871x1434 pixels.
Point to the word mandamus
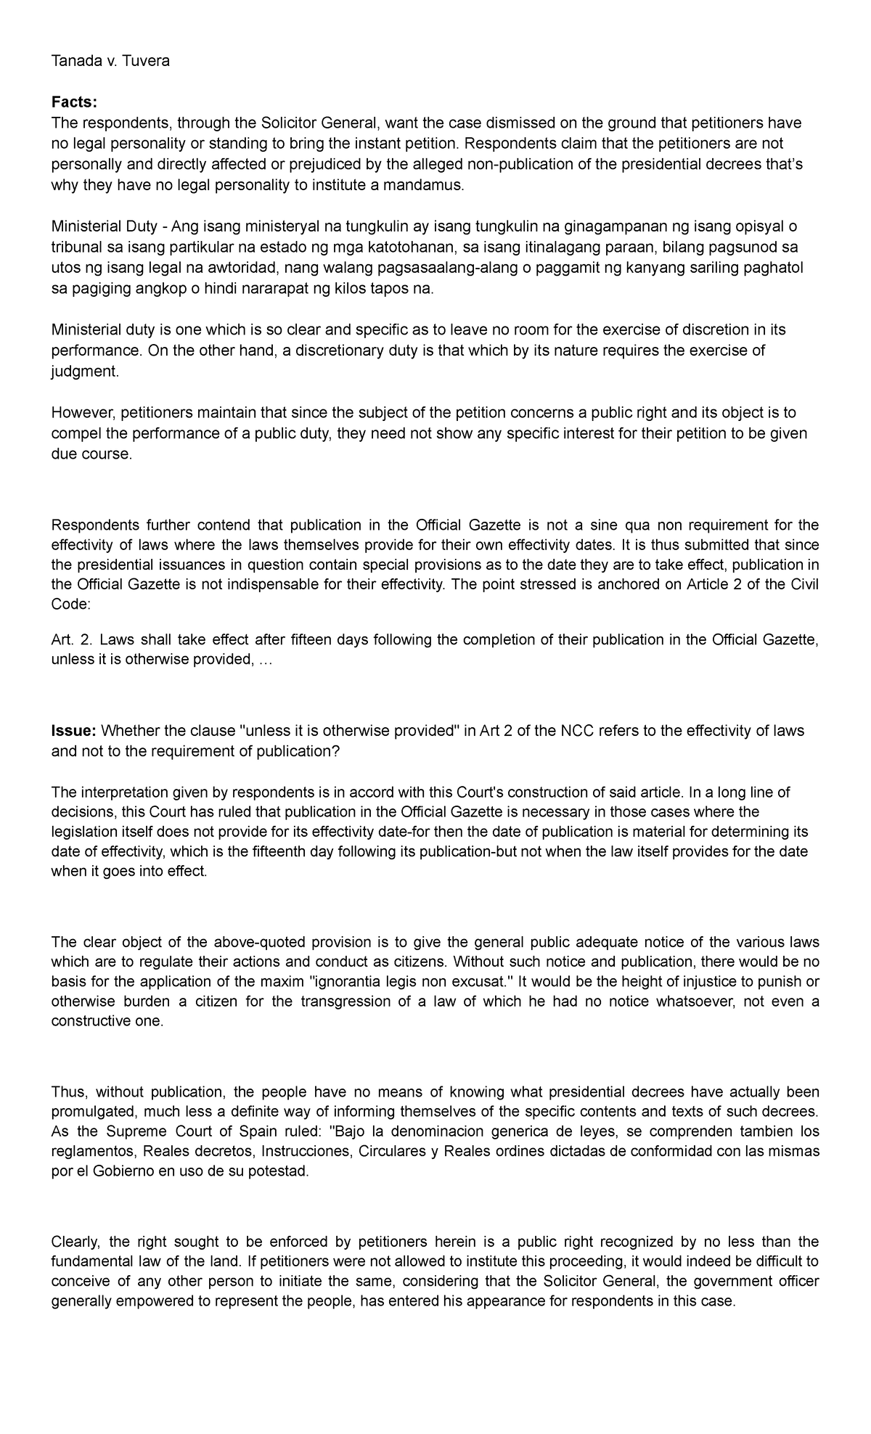(428, 186)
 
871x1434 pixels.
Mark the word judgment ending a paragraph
(83, 372)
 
